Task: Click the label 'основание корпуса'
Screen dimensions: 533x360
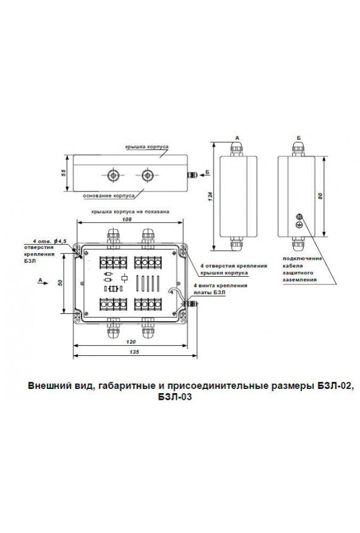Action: [x=103, y=195]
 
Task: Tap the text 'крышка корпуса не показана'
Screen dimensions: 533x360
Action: [x=131, y=211]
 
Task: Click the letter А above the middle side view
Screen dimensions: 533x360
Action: [x=238, y=138]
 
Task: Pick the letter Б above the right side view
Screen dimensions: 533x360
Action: [x=298, y=138]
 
